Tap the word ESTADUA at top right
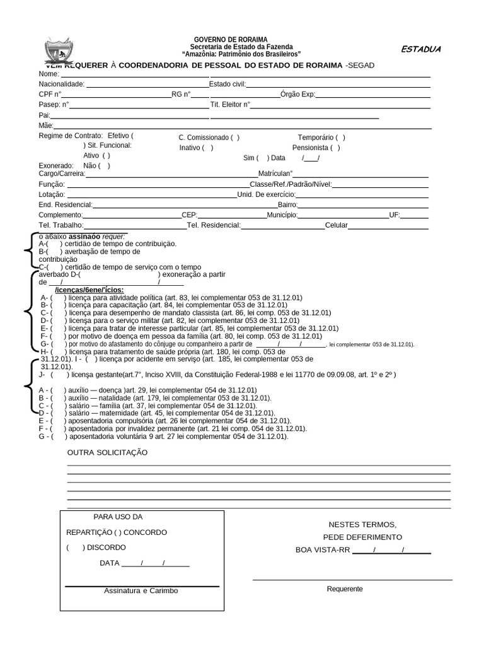(421, 49)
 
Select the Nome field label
(49, 73)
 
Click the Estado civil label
(228, 84)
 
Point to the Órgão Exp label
(297, 95)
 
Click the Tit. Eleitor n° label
(230, 105)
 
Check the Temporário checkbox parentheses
(340, 138)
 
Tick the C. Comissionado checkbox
(234, 138)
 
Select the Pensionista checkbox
(335, 148)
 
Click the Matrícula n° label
(276, 173)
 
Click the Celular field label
(336, 225)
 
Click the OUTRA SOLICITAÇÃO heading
(107, 453)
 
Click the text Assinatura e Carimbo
(141, 591)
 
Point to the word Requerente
(345, 589)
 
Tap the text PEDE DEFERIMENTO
(362, 537)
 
